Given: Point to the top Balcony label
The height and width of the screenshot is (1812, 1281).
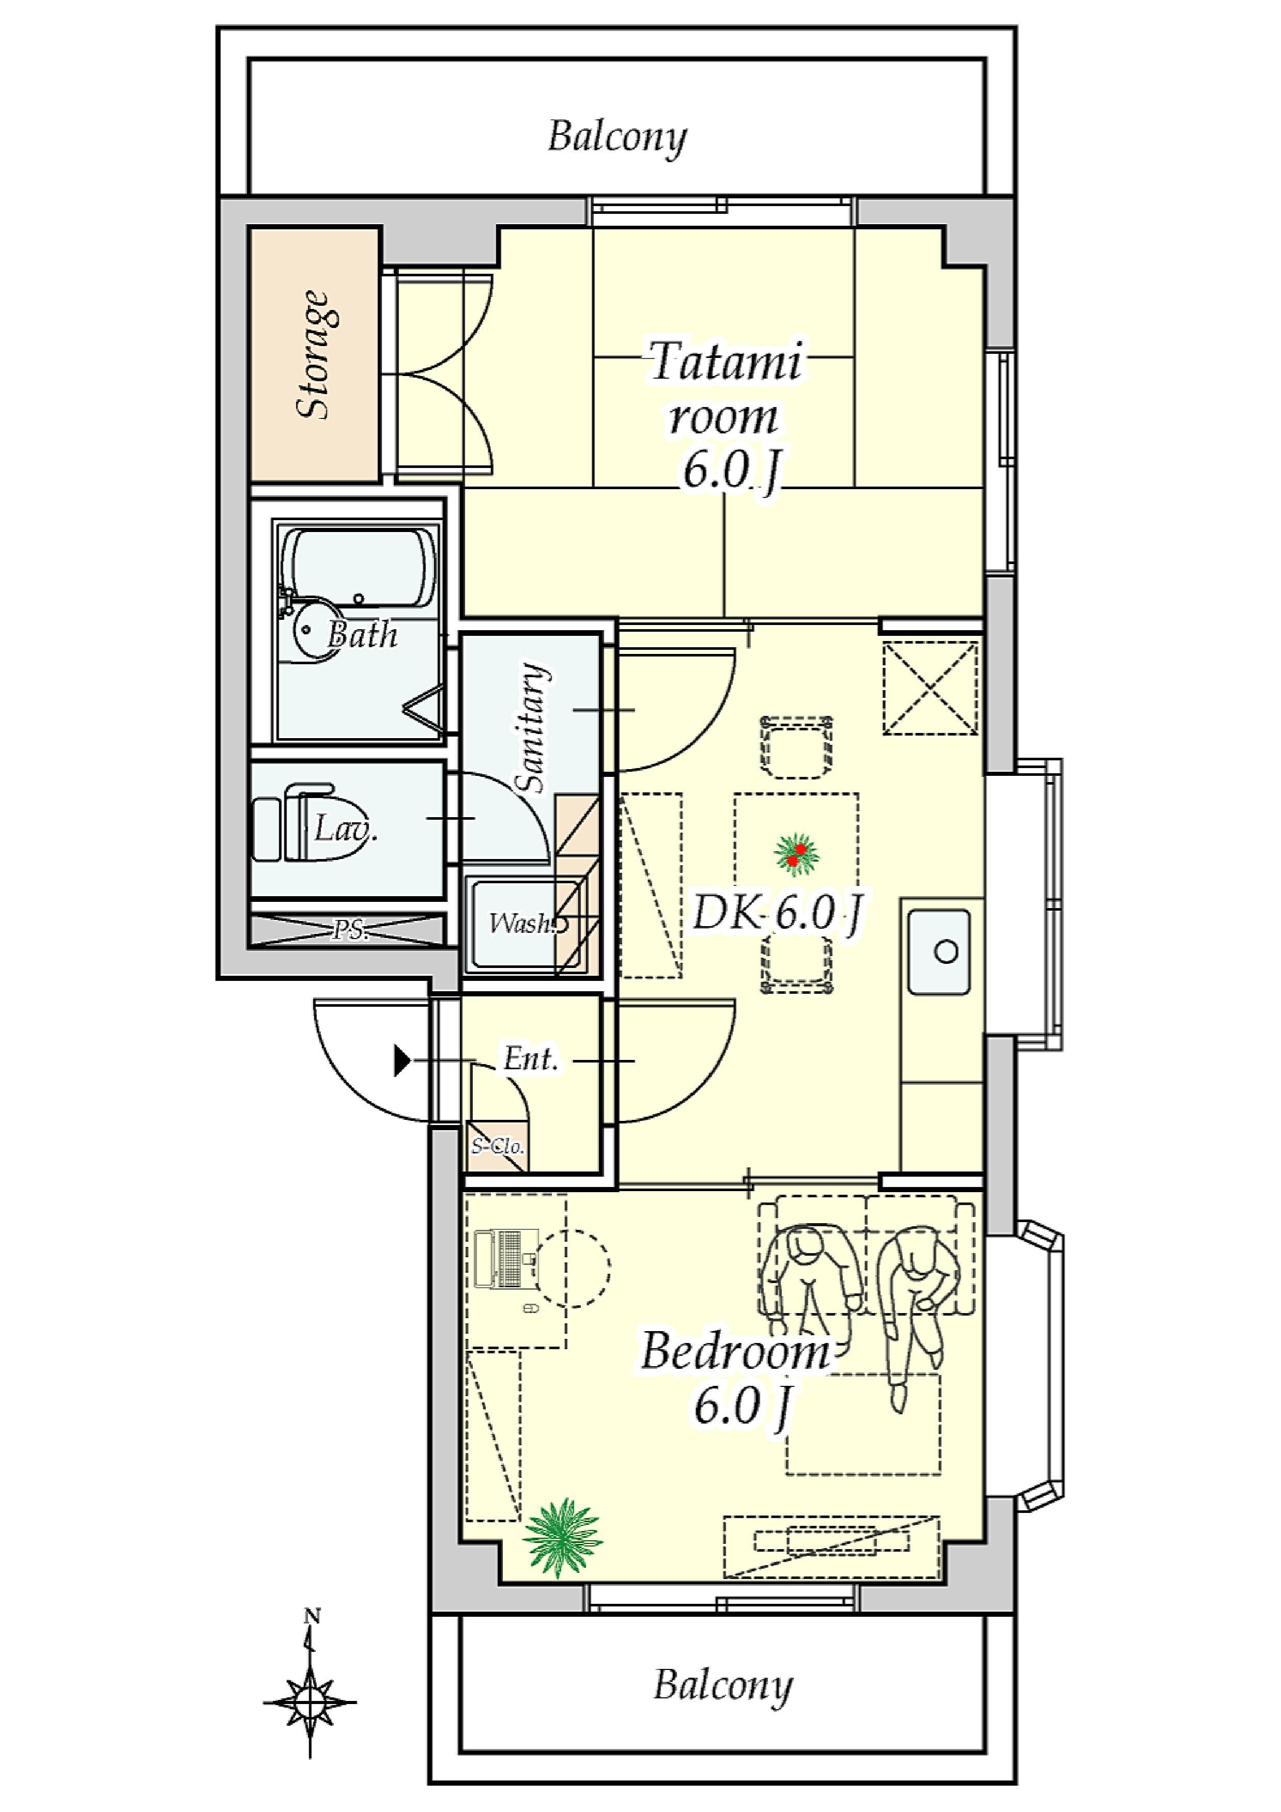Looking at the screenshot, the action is click(x=617, y=138).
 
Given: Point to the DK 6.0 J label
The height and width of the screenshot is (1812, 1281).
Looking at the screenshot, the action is click(x=778, y=915).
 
